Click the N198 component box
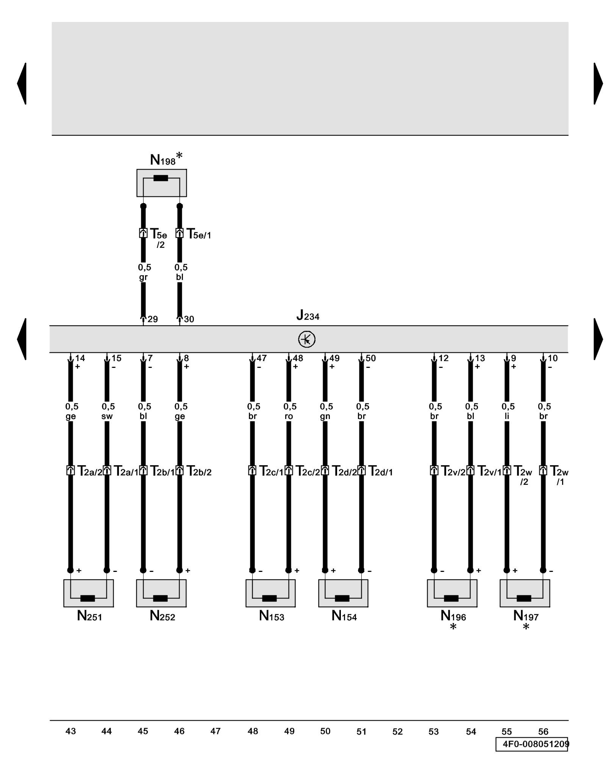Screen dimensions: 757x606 (161, 183)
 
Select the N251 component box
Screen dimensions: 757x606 (88, 593)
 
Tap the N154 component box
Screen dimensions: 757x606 (343, 593)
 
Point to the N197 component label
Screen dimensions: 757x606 (525, 616)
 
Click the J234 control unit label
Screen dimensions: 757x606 (308, 315)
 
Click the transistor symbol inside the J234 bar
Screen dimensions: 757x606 (306, 339)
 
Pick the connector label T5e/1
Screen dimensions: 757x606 (198, 234)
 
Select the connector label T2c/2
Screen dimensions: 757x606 (307, 471)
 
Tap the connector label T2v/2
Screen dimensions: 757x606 (453, 471)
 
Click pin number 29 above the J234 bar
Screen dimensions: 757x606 (153, 319)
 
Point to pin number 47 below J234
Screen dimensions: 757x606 (262, 358)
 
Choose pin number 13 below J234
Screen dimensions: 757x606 (480, 358)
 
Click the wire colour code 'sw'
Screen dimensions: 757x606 (107, 416)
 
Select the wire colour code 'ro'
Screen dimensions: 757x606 (289, 416)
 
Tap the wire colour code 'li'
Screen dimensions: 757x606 (507, 416)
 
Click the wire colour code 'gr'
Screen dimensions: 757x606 (143, 277)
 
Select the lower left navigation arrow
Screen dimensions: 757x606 (22, 339)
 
